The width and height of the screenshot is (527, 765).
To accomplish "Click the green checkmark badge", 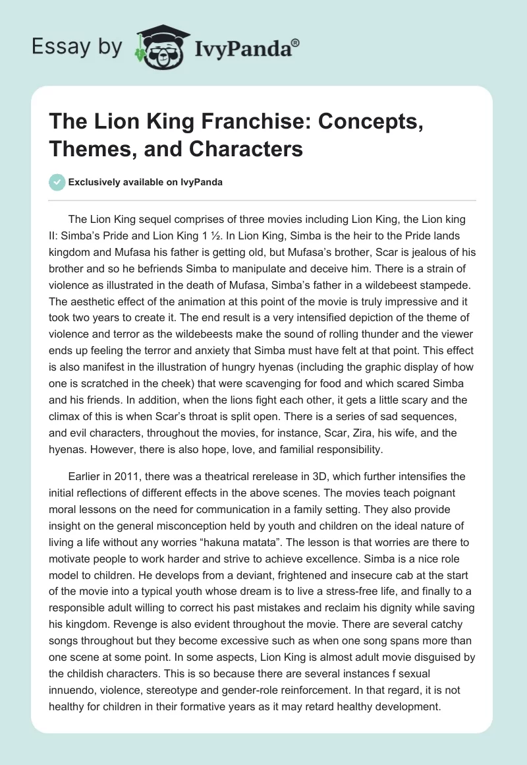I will (x=57, y=182).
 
